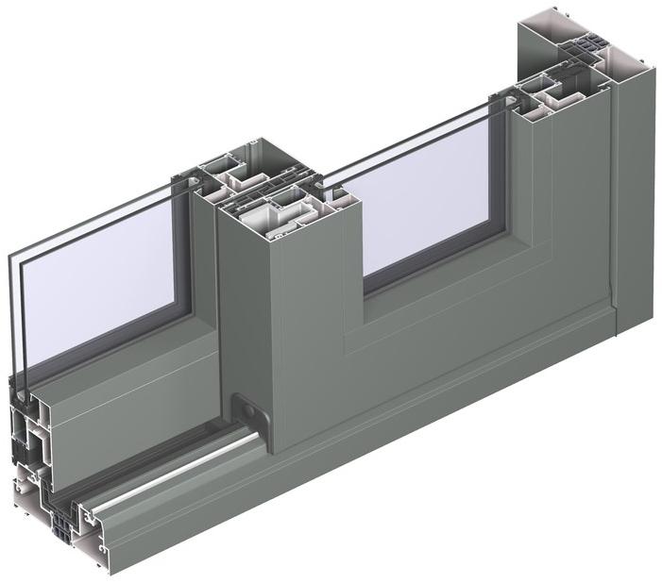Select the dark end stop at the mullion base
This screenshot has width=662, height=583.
249,415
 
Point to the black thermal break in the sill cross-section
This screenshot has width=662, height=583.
62,520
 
